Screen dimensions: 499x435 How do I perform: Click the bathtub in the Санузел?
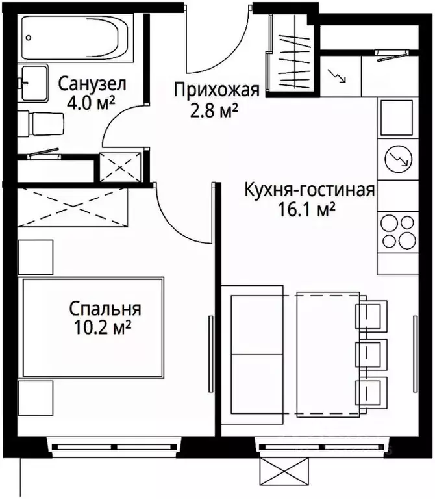pyautogui.click(x=77, y=38)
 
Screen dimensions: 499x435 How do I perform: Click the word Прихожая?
pyautogui.click(x=217, y=90)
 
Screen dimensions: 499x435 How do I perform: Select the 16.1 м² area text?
pyautogui.click(x=306, y=210)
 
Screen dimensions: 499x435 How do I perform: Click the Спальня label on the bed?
pyautogui.click(x=105, y=309)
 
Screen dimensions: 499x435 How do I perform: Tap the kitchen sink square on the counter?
pyautogui.click(x=397, y=117)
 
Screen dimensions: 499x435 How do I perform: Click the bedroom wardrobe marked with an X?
pyautogui.click(x=71, y=207)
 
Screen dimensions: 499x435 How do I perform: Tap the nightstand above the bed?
pyautogui.click(x=35, y=257)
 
